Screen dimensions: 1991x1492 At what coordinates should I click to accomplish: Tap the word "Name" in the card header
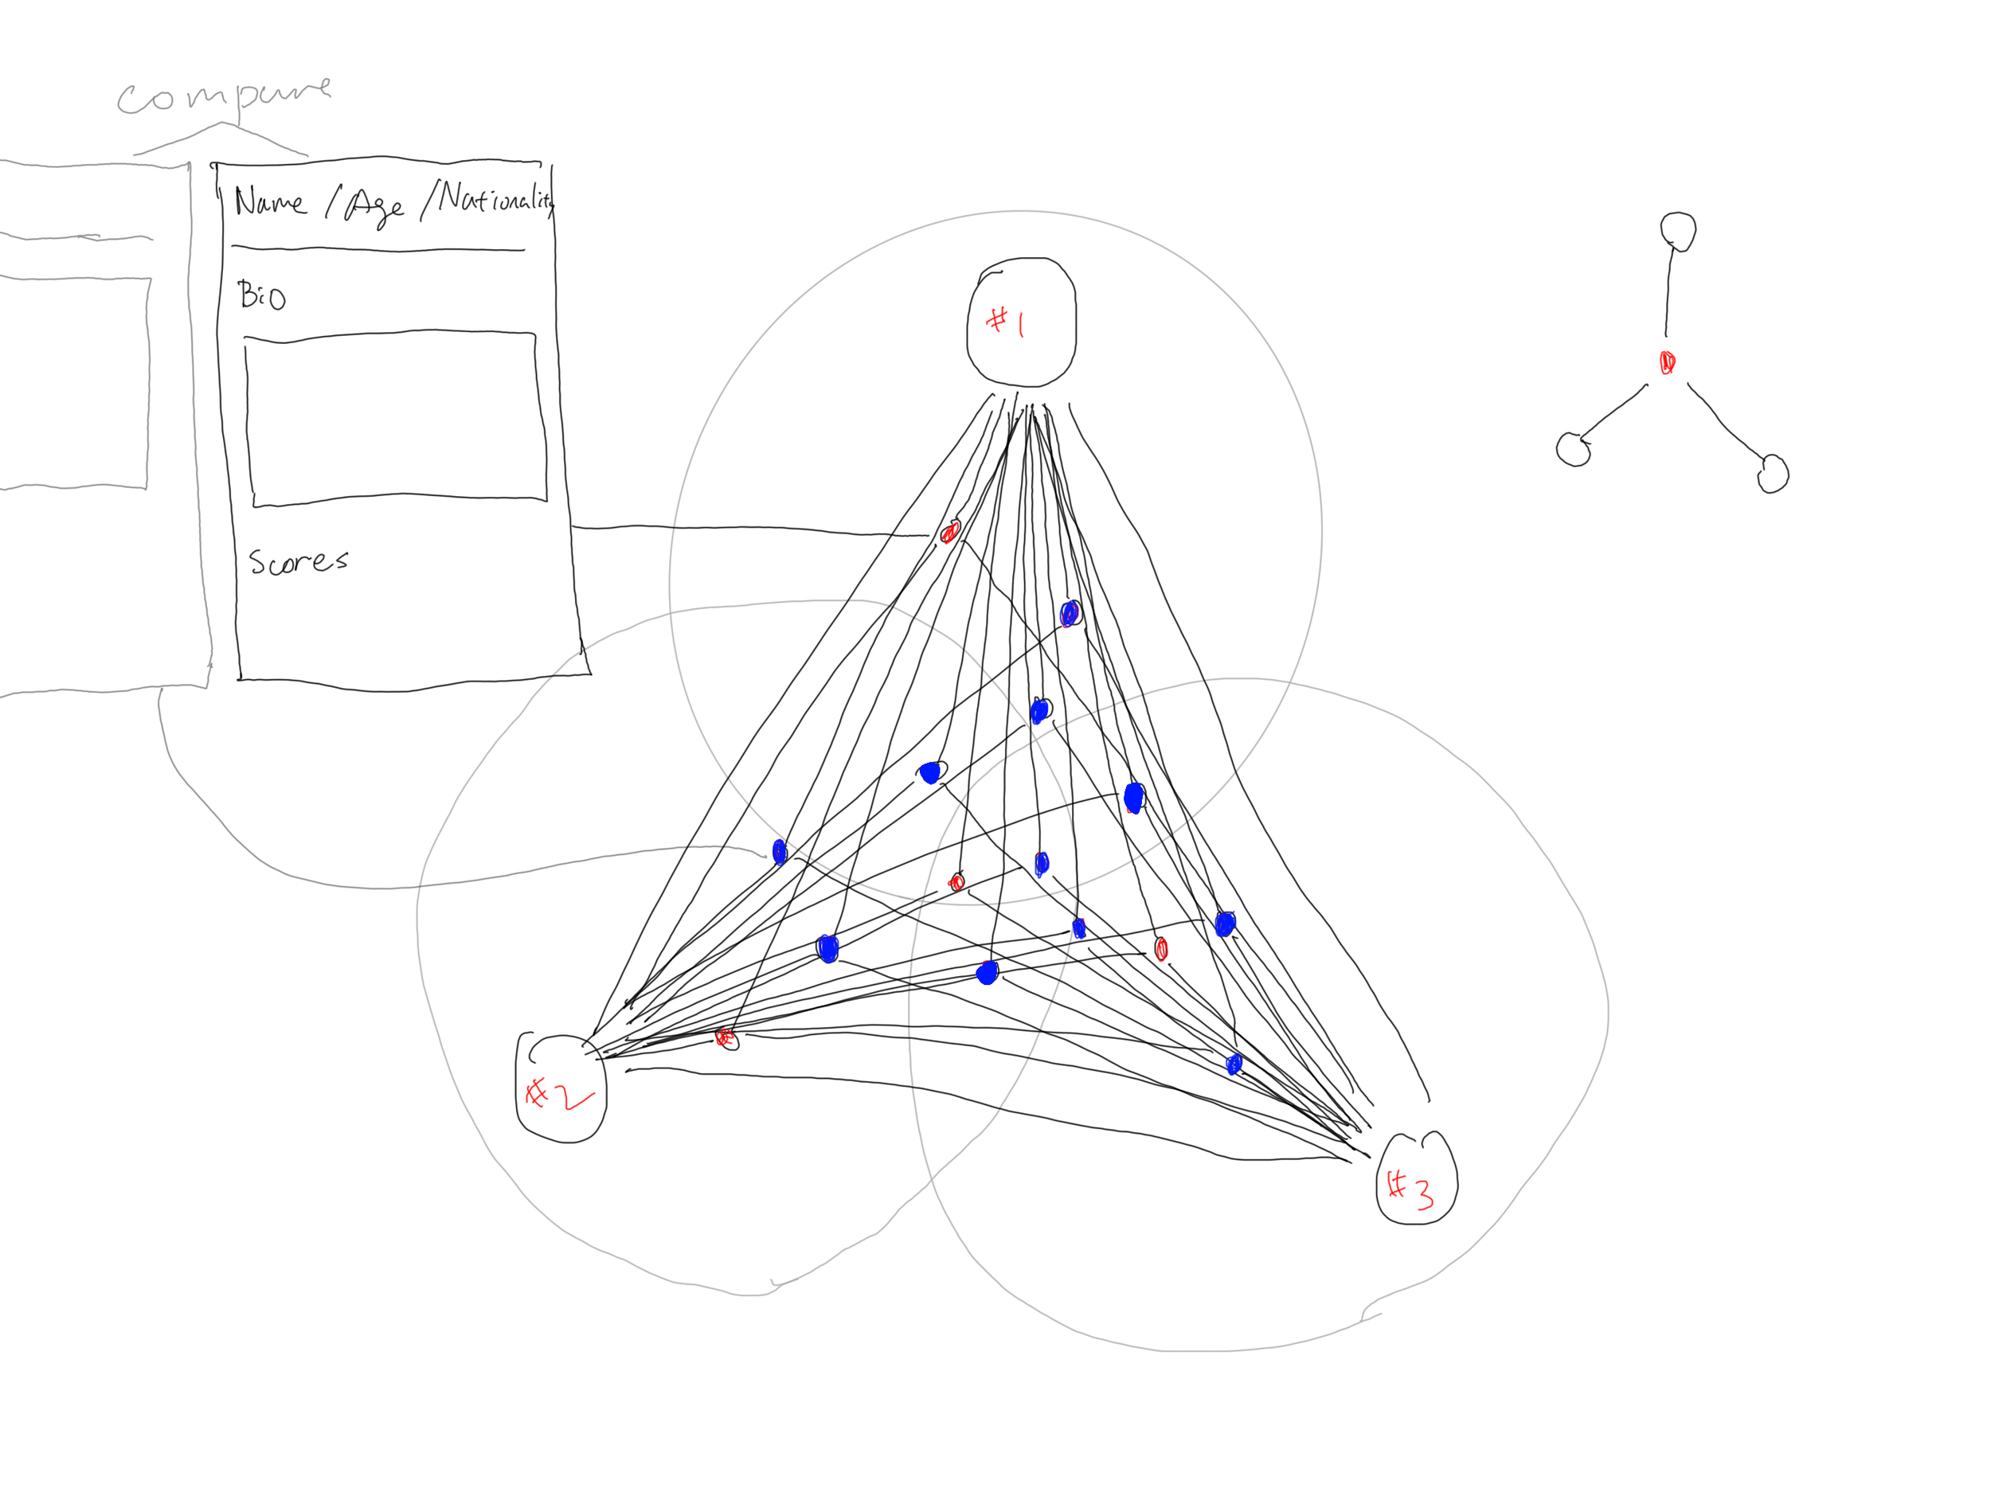[269, 201]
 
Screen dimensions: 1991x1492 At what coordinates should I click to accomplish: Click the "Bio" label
[261, 295]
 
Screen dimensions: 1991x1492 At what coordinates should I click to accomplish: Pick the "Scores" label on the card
[298, 561]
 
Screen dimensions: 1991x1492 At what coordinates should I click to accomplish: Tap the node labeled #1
[1021, 322]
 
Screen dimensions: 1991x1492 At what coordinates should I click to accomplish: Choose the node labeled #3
[1417, 1180]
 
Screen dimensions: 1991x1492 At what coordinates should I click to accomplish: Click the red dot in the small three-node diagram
[1667, 361]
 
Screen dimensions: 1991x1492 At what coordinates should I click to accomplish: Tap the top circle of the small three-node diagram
[1678, 230]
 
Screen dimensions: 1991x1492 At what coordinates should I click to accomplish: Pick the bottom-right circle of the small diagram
[1773, 475]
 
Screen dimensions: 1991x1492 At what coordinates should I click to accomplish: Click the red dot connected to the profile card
[949, 533]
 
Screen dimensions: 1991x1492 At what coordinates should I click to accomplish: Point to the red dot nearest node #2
[725, 1038]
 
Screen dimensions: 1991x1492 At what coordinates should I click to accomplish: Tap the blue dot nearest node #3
[1234, 1064]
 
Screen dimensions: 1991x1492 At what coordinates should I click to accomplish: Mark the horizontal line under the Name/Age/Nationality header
[378, 248]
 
